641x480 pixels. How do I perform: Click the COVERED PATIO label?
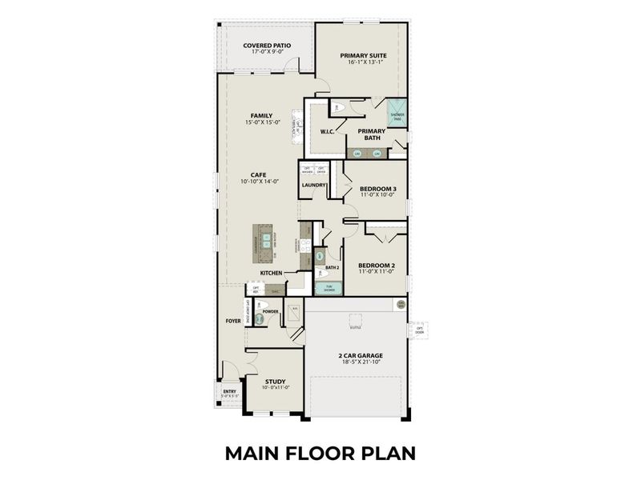click(x=267, y=46)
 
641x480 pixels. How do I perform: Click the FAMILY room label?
click(x=261, y=115)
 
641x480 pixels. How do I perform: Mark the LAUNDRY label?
click(x=313, y=186)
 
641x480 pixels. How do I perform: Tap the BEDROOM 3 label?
click(x=378, y=189)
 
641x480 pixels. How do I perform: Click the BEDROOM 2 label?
click(x=377, y=265)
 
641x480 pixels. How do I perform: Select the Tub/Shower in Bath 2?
click(x=325, y=288)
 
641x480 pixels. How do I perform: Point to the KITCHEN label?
click(x=271, y=274)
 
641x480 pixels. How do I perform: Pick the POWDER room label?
click(x=281, y=311)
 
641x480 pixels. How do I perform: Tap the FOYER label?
click(x=233, y=320)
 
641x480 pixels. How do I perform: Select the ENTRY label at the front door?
click(x=230, y=391)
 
